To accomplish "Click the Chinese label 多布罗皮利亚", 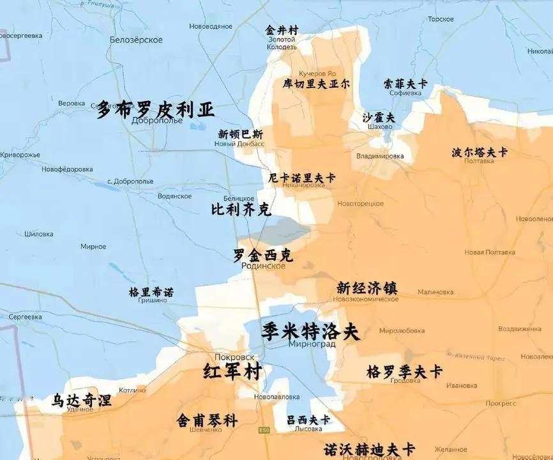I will tap(155, 109).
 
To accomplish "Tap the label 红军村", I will tap(232, 371).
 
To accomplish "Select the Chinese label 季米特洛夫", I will tap(311, 332).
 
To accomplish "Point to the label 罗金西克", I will tap(262, 256).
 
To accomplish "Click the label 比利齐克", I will tap(241, 210).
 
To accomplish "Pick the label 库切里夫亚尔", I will tap(316, 84).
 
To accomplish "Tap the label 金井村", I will tap(282, 31).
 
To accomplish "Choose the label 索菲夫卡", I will tap(405, 84).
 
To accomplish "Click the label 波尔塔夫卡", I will tap(480, 152).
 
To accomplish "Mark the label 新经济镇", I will tap(367, 288).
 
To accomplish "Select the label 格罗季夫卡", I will tap(405, 371).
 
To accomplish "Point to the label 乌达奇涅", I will tap(82, 401).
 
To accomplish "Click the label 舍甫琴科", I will tap(207, 420).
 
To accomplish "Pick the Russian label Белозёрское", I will tap(136, 40).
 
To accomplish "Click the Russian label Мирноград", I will tap(312, 344).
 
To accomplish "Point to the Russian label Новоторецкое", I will tap(360, 203).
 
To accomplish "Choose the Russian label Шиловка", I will tap(39, 234).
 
